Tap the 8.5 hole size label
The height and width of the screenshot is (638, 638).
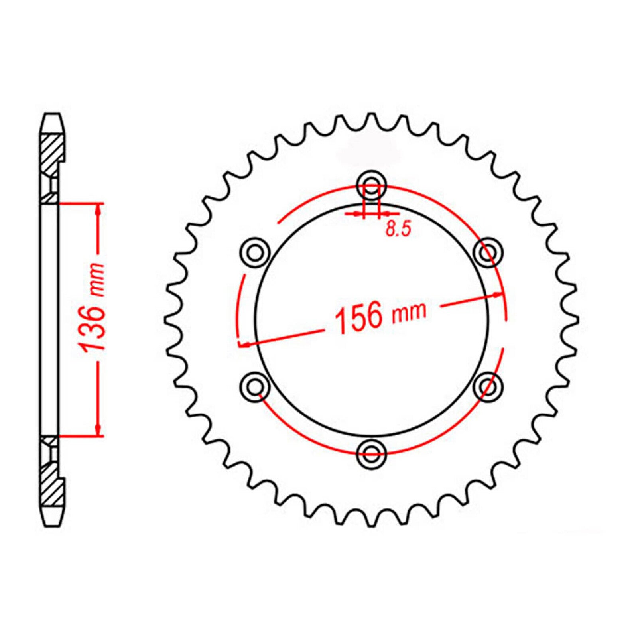[398, 230]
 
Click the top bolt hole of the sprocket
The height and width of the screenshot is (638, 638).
[372, 185]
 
